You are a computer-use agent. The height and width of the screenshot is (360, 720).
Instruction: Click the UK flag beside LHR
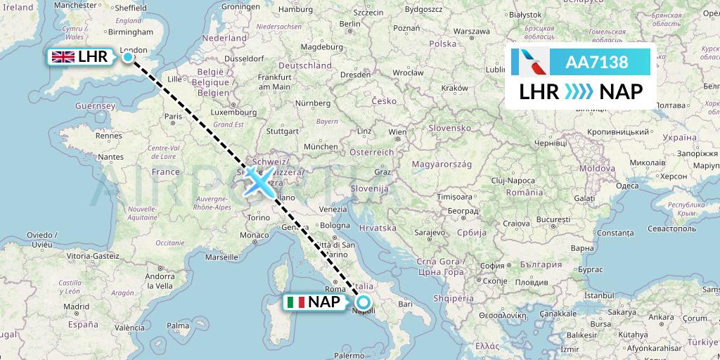point(63,57)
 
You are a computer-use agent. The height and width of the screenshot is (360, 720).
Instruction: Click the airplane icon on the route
point(259,182)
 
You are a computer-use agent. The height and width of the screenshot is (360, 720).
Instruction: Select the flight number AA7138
point(597,62)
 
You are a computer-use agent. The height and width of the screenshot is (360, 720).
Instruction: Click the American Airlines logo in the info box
point(531,62)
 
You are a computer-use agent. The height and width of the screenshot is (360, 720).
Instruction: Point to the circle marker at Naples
point(364,303)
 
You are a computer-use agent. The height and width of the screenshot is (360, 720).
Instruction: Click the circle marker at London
point(128,57)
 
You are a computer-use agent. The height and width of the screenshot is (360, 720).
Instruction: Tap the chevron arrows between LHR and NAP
point(579,91)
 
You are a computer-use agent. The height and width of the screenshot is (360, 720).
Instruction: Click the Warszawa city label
point(471,32)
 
